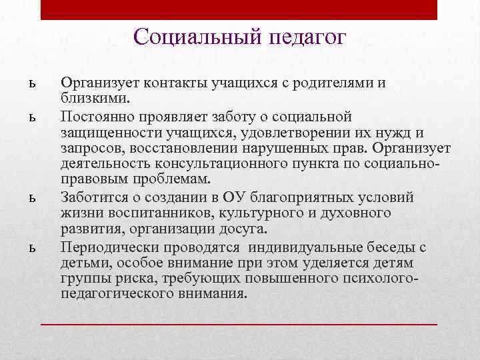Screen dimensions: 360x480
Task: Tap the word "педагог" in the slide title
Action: coord(307,37)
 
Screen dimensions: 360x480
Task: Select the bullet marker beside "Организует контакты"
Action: coord(31,84)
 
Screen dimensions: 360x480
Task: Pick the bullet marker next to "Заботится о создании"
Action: coord(31,198)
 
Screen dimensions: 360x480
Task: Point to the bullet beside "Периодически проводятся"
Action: coord(31,248)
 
